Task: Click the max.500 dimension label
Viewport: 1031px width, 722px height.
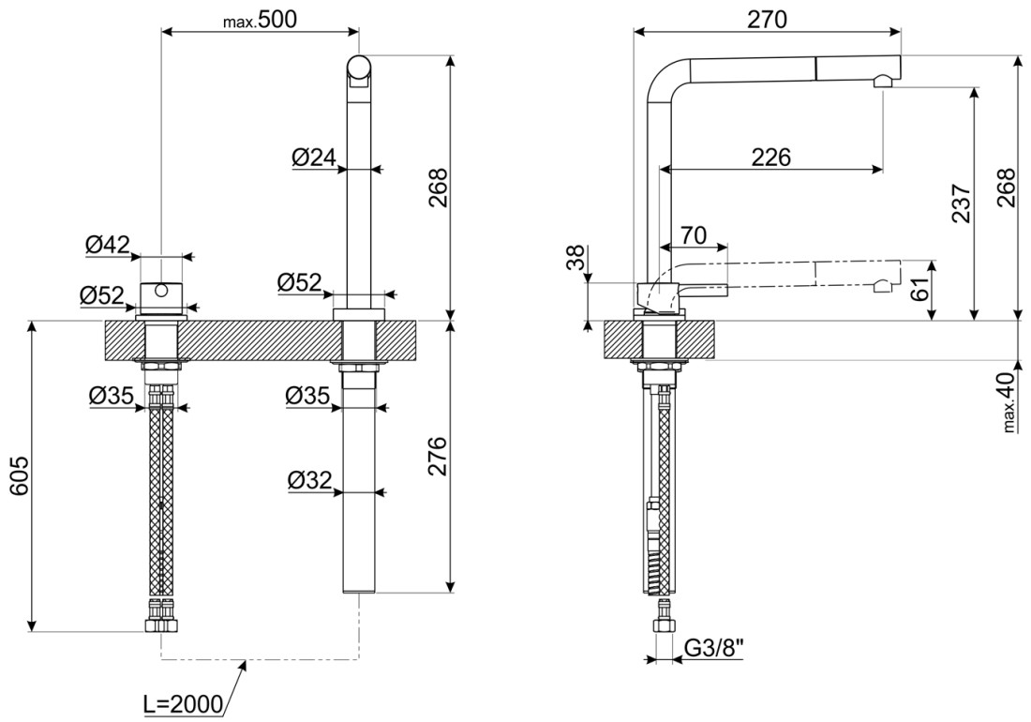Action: pyautogui.click(x=260, y=21)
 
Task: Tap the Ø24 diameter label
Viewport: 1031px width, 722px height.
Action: pyautogui.click(x=314, y=158)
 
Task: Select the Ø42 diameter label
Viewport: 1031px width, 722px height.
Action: pyautogui.click(x=108, y=245)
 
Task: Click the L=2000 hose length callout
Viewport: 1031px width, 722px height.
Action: pyautogui.click(x=183, y=704)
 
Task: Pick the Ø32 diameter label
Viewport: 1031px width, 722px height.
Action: pyautogui.click(x=309, y=481)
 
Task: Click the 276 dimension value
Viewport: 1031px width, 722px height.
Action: pyautogui.click(x=438, y=455)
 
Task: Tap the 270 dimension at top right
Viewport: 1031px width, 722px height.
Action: pyautogui.click(x=767, y=20)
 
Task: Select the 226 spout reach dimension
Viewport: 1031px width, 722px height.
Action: pyautogui.click(x=770, y=158)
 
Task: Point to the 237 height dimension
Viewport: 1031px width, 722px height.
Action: pyautogui.click(x=961, y=203)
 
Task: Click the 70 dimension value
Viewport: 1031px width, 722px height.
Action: pyautogui.click(x=694, y=234)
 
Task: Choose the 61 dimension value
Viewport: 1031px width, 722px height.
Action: pyautogui.click(x=922, y=287)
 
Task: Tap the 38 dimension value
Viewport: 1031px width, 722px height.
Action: pyautogui.click(x=575, y=257)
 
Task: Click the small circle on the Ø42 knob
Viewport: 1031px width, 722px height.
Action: pyautogui.click(x=161, y=290)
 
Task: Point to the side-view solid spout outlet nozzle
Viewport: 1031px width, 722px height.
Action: pyautogui.click(x=882, y=82)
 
